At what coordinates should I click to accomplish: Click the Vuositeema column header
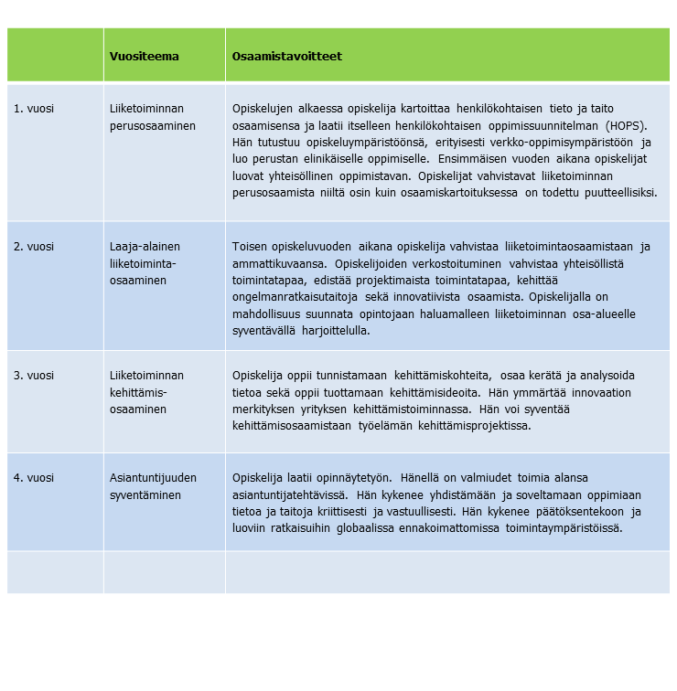(144, 57)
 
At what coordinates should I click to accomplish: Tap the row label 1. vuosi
(33, 109)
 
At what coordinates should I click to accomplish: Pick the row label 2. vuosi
(33, 247)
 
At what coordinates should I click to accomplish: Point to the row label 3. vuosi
(33, 376)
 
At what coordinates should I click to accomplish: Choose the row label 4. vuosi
(33, 478)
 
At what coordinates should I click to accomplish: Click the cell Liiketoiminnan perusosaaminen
(152, 117)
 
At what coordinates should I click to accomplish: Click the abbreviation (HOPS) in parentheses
(630, 125)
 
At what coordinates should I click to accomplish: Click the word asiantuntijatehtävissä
(289, 494)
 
